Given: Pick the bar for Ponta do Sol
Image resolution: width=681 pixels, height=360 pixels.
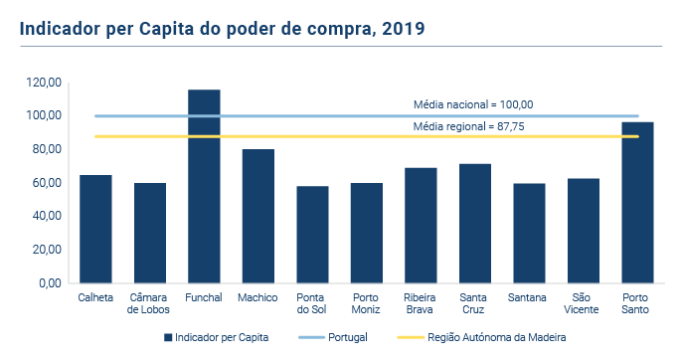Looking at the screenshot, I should [312, 235].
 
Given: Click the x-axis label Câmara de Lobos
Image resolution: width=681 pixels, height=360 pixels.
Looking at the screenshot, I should [150, 303].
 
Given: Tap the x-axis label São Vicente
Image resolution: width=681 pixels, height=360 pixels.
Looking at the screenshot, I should [584, 303].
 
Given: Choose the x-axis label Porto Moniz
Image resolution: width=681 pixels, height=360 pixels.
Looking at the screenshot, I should [367, 303].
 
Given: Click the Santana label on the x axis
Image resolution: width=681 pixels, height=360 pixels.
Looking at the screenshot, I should [529, 297].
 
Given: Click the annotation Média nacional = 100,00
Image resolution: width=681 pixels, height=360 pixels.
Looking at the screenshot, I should [473, 104].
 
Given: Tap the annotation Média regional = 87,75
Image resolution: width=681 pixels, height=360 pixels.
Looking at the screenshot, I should [473, 127].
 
